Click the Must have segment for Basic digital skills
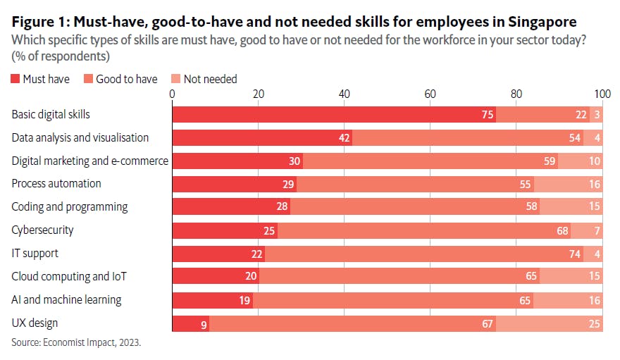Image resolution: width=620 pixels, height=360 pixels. point(334,115)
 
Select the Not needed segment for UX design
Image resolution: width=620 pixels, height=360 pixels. point(549,323)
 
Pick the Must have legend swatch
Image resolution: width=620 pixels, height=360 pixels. point(15,79)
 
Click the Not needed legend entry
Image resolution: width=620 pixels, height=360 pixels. point(204,79)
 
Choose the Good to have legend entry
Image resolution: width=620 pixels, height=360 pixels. point(120,79)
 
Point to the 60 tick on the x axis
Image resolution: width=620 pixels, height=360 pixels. point(430,94)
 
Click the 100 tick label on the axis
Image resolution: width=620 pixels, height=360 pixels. point(602,94)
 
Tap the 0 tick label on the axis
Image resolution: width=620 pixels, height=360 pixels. point(173,94)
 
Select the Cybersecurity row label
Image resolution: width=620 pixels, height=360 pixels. point(42,230)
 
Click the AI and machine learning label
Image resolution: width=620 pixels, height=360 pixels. point(66,299)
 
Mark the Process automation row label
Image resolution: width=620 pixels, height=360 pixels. point(56,184)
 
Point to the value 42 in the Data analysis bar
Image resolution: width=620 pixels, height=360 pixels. point(345,138)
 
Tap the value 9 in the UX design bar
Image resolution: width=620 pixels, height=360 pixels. point(204,323)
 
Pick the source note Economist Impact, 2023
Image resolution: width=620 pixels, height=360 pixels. point(76,343)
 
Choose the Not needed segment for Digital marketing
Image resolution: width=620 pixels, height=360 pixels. point(580,161)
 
